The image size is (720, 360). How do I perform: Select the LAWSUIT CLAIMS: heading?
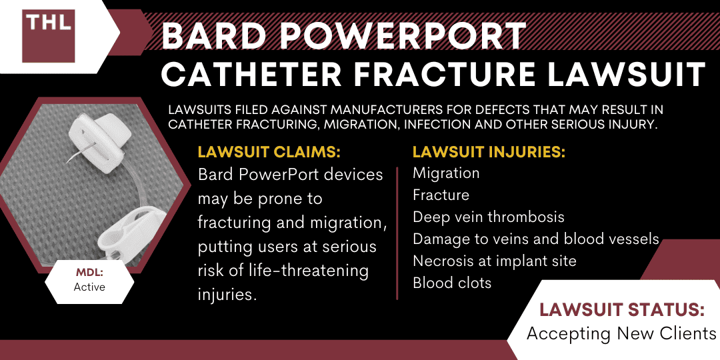pos(269,153)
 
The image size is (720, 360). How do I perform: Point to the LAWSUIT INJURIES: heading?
pos(489,153)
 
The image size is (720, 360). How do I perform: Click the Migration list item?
pos(446,173)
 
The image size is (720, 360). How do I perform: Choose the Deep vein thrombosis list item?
pos(489,217)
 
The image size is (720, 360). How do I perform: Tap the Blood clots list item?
pos(452,283)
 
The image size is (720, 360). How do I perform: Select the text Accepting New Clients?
pos(621,333)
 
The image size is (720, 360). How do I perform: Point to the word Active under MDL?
pos(89,287)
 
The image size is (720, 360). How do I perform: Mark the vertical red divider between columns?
pos(398,233)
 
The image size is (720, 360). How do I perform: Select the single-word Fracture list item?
pos(441,195)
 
